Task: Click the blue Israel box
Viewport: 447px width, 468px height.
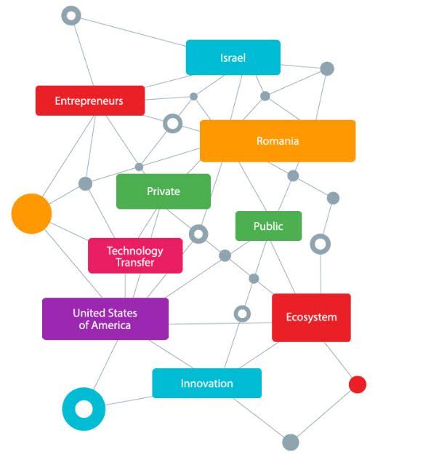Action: [x=233, y=57]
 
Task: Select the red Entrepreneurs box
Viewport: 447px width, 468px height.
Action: [x=90, y=100]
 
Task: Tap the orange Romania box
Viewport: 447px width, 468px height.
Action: [x=278, y=141]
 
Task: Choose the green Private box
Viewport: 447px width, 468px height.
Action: [x=164, y=191]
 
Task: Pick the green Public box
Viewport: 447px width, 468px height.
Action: [x=268, y=226]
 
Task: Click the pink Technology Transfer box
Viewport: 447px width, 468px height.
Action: [x=135, y=255]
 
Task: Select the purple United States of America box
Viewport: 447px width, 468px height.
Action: [x=105, y=319]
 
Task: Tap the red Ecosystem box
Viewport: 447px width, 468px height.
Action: [x=311, y=317]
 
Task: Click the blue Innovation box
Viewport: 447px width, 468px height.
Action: [x=207, y=384]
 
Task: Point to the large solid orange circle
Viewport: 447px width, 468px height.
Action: [x=31, y=214]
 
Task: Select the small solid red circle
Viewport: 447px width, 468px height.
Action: [x=358, y=384]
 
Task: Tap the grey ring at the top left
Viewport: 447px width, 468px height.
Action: [x=65, y=15]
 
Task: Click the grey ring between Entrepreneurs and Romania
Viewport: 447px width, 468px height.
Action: [x=166, y=123]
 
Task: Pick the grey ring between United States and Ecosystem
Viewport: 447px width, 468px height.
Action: [x=237, y=314]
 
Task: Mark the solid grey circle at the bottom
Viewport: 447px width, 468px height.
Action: [x=291, y=442]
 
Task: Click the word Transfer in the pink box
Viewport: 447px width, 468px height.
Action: [x=135, y=263]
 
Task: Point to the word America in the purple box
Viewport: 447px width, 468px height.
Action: [x=111, y=325]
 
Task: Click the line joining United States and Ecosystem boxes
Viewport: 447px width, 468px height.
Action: [x=220, y=323]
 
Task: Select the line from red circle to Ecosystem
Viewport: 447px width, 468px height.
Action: [x=339, y=360]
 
